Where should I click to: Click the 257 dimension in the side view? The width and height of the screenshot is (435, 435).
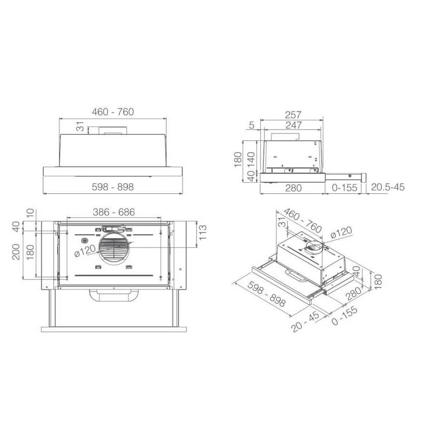coord(293,115)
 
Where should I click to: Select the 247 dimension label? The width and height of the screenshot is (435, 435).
coord(293,125)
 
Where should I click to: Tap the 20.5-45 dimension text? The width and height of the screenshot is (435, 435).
coord(388,187)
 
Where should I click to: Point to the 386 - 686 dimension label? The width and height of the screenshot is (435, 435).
coord(114,212)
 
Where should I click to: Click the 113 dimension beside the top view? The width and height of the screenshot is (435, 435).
coord(203,232)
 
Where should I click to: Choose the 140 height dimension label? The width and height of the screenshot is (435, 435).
coord(251,159)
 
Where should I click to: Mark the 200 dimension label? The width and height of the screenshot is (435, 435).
coord(16,252)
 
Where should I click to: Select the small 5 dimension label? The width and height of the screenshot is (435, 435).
coord(252,125)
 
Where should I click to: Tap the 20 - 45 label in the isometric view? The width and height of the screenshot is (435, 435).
coord(305,322)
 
